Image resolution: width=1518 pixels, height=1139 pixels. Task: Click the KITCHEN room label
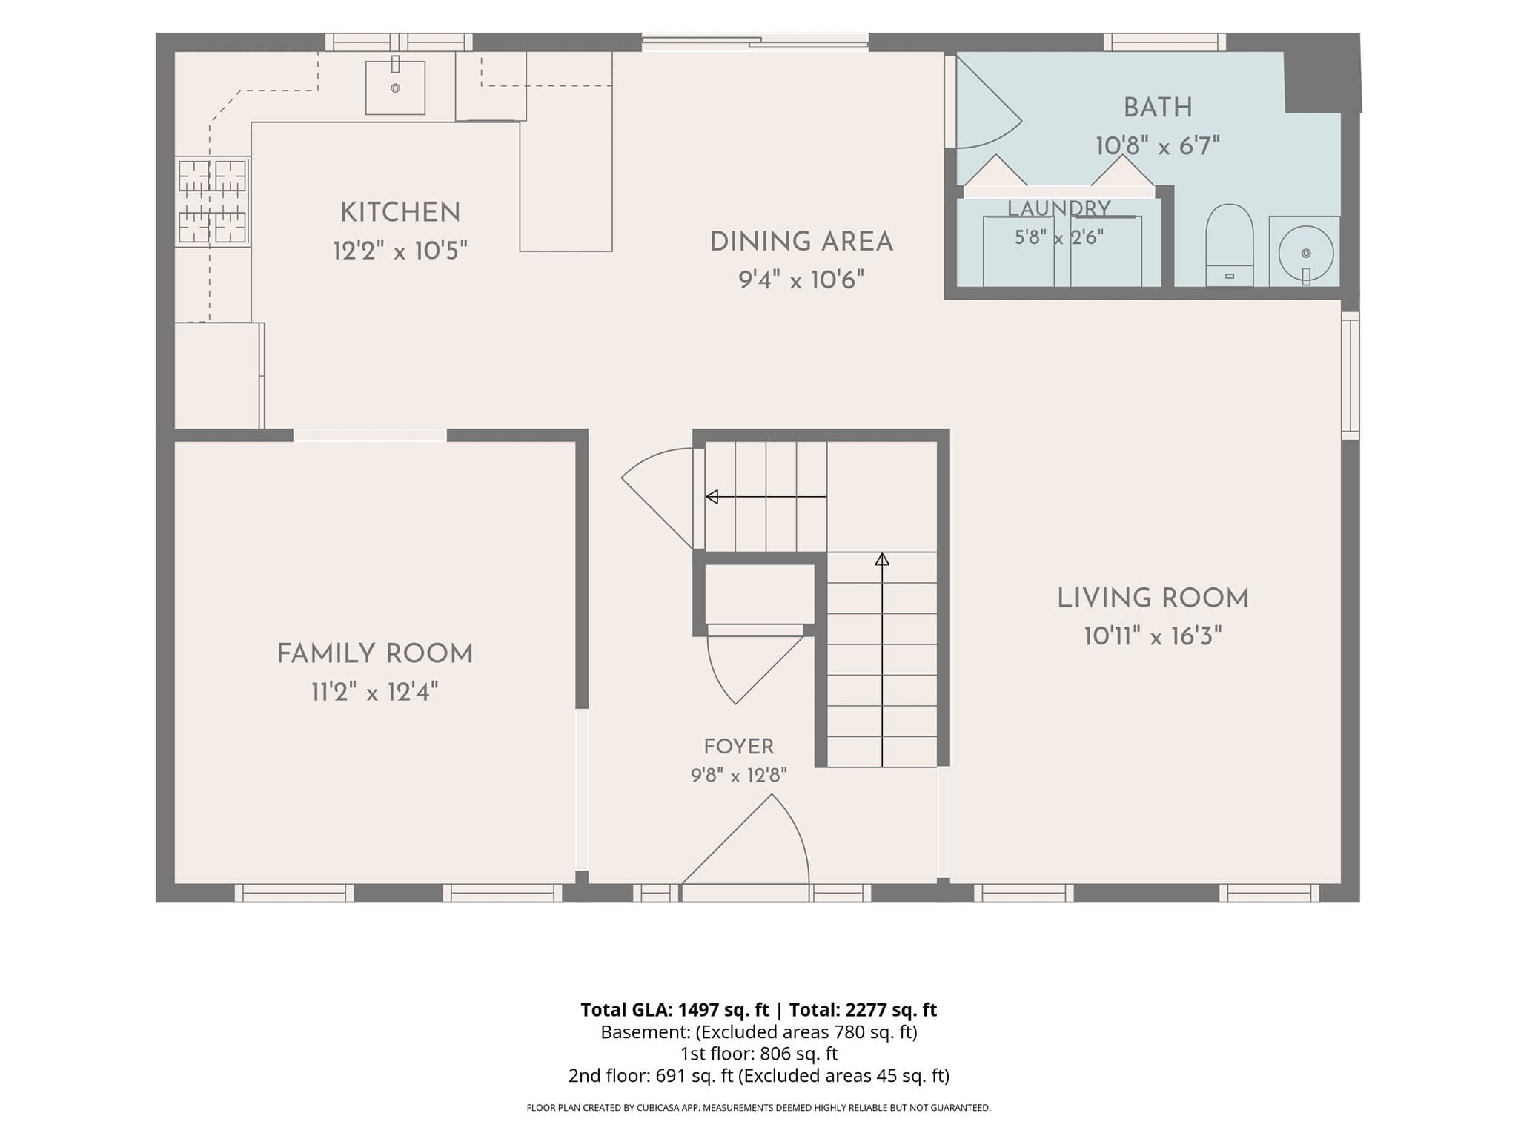[x=400, y=213]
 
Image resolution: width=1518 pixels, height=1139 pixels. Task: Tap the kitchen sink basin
[x=395, y=88]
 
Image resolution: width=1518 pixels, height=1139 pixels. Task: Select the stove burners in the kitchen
[x=212, y=201]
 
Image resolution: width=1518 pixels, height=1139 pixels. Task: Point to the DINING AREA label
[x=801, y=242]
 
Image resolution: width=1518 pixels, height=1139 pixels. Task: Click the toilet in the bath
[x=1230, y=245]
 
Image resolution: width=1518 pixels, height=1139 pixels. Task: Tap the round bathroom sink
[x=1305, y=253]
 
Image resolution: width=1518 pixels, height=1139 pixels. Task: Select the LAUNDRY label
[x=1059, y=208]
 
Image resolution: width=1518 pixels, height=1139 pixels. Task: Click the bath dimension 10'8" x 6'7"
[x=1158, y=146]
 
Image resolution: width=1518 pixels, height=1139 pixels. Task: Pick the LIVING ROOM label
[x=1153, y=598]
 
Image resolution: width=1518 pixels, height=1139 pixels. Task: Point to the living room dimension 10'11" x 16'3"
[x=1153, y=636]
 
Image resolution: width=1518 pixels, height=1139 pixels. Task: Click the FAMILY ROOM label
[x=375, y=654]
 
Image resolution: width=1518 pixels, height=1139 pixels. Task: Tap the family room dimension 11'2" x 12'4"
[x=375, y=693]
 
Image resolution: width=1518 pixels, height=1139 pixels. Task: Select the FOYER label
[x=739, y=747]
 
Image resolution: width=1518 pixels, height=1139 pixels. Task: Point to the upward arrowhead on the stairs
[x=881, y=559]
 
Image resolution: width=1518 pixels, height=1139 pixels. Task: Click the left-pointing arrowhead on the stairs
[x=712, y=497]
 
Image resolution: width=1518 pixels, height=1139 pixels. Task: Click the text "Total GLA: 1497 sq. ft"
[x=675, y=1010]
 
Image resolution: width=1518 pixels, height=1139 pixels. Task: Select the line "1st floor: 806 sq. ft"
[x=759, y=1054]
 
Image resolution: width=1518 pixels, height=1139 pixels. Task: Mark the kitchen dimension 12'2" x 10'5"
[x=400, y=251]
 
